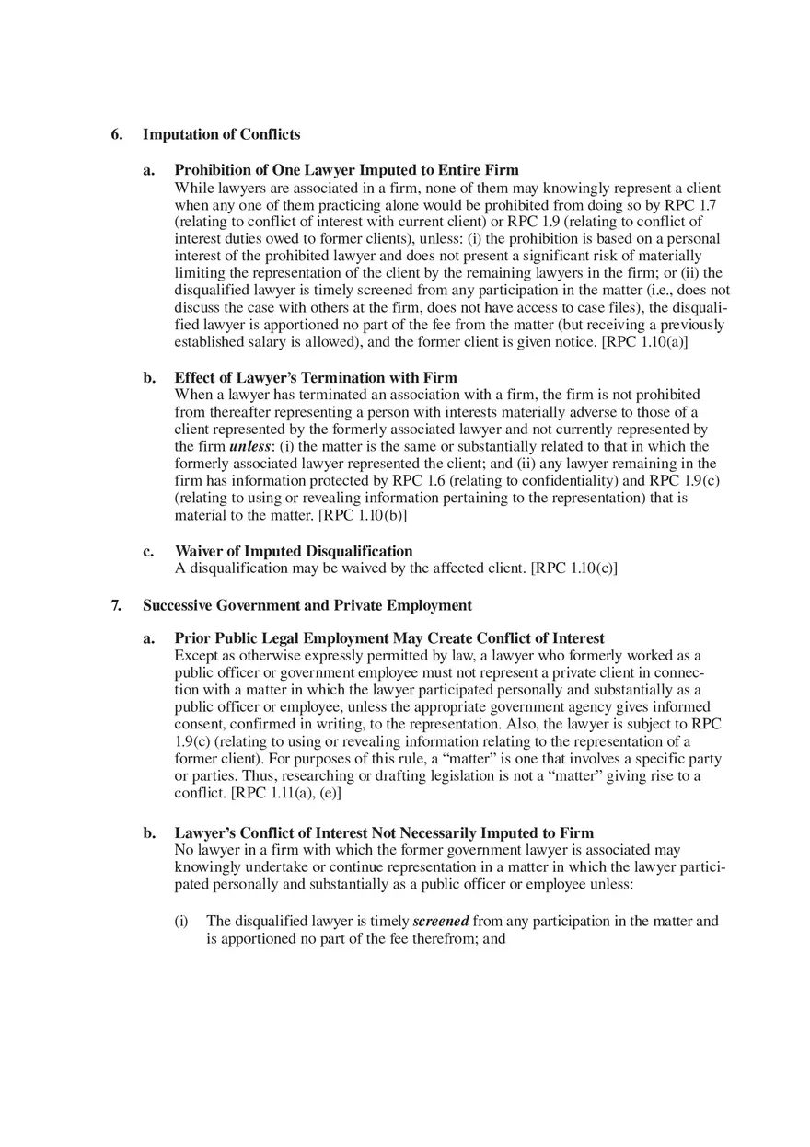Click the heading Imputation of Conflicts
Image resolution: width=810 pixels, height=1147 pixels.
coord(221,135)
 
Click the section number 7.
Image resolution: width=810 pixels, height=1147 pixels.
coord(116,605)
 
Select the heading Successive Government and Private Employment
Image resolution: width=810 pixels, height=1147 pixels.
coord(307,605)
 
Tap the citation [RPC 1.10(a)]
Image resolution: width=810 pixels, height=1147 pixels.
coord(644,342)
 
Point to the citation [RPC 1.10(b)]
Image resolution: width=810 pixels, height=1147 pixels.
coord(363,515)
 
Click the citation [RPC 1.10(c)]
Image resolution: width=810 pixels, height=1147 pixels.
coord(574,568)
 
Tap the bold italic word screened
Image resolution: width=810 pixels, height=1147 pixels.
coord(441,921)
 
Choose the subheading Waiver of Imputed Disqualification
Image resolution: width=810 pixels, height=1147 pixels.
coord(294,551)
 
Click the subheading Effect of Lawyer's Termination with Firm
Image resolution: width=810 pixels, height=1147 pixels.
coord(316,378)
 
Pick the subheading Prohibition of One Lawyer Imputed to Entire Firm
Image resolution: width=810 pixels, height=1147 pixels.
coord(346,170)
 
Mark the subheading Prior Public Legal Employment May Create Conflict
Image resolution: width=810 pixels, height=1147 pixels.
coord(389,638)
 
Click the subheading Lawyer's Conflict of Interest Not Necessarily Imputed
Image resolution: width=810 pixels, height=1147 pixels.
coord(384,833)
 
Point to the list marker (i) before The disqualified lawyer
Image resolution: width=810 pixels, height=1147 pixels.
coord(181,921)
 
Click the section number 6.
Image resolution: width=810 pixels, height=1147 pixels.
coord(116,135)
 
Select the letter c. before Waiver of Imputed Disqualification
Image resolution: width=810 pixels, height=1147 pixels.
coord(148,551)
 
